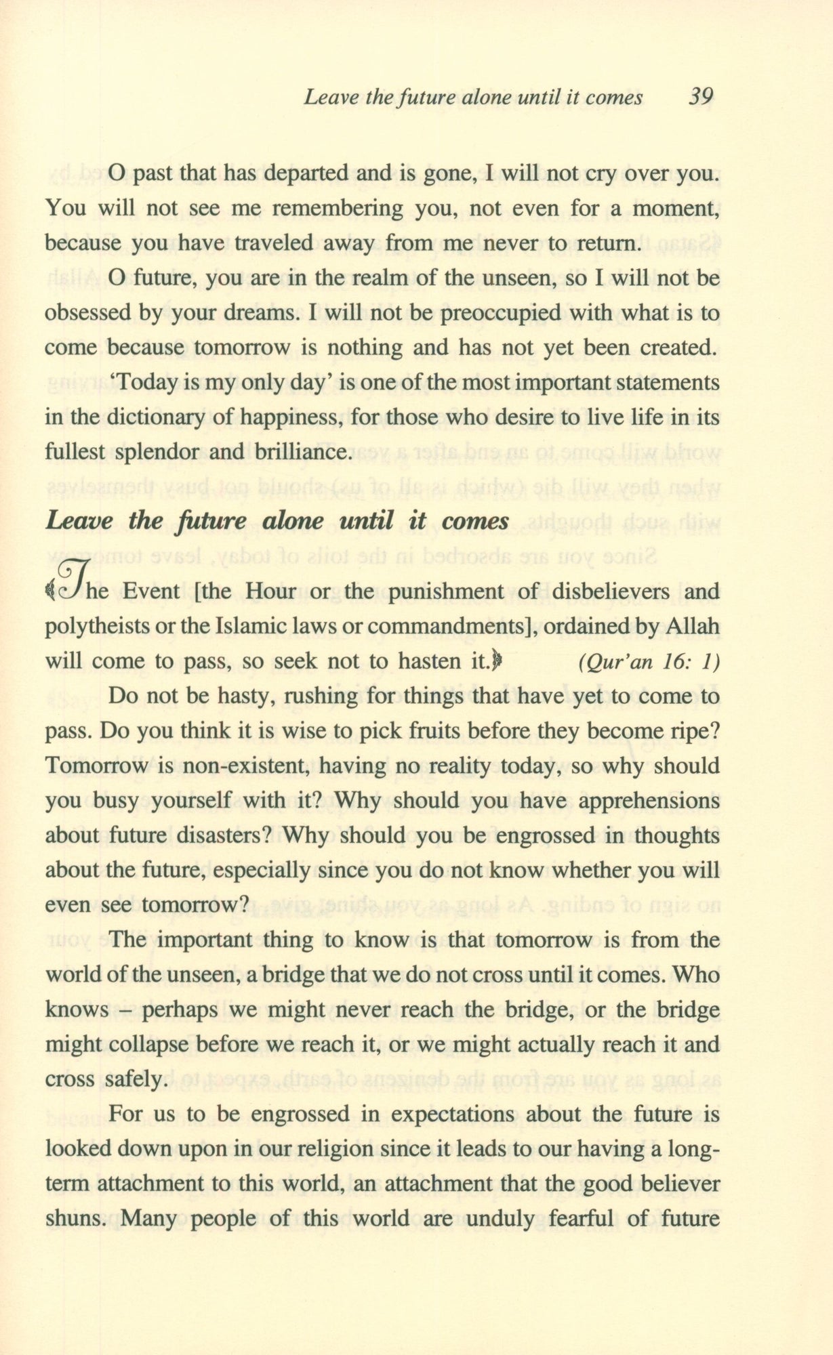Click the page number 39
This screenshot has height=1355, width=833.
click(700, 97)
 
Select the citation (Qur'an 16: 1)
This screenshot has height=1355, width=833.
click(649, 662)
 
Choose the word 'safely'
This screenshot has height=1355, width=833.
click(133, 1079)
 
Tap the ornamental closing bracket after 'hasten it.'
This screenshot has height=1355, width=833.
click(496, 661)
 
